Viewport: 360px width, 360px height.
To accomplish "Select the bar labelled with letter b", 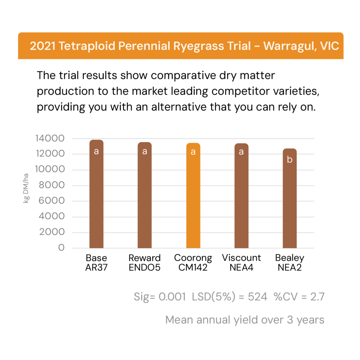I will [x=290, y=204].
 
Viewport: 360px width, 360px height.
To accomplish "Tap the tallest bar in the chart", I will [x=96, y=197].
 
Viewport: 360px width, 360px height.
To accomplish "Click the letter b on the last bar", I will [x=290, y=160].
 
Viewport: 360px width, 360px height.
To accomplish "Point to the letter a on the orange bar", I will [x=193, y=152].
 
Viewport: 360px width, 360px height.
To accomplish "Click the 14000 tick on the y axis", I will [x=50, y=139].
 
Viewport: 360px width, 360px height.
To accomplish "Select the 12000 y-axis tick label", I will [x=50, y=154].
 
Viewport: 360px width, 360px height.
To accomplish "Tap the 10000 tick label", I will [x=50, y=170].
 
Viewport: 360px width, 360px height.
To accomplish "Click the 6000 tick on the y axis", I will [x=52, y=201].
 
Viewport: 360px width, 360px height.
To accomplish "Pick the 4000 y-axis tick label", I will [x=52, y=217].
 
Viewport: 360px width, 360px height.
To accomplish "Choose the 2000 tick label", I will [x=52, y=232].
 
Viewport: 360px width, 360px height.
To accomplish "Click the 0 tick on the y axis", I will [x=62, y=248].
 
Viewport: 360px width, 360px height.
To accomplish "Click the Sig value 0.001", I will [x=172, y=297].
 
